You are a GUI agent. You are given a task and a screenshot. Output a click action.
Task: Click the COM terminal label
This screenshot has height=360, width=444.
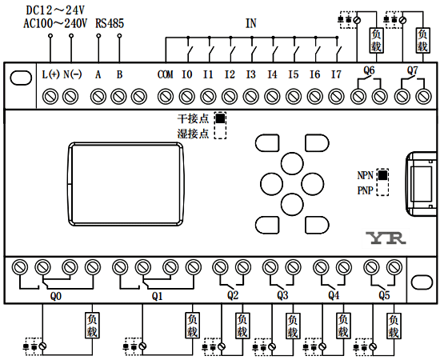pyautogui.click(x=165, y=74)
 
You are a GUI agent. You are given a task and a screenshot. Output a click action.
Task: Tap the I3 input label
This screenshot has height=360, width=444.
pyautogui.click(x=250, y=74)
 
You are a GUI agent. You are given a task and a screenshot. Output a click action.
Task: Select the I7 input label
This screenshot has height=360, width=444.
pyautogui.click(x=336, y=74)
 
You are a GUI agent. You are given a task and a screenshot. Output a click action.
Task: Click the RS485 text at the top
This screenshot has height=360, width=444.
pyautogui.click(x=110, y=23)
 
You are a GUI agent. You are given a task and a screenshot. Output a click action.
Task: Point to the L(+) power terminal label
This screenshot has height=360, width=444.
pyautogui.click(x=50, y=74)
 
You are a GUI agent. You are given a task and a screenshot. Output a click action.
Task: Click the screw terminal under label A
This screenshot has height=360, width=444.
pyautogui.click(x=98, y=97)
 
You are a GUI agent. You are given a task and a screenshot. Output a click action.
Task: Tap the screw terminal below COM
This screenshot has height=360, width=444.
pyautogui.click(x=166, y=97)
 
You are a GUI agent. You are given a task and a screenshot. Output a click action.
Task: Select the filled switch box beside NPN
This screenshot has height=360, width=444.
pyautogui.click(x=382, y=175)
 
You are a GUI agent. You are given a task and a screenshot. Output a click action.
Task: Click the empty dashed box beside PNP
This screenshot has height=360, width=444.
pyautogui.click(x=382, y=189)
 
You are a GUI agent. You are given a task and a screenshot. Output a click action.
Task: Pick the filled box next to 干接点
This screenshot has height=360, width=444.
pyautogui.click(x=220, y=118)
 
